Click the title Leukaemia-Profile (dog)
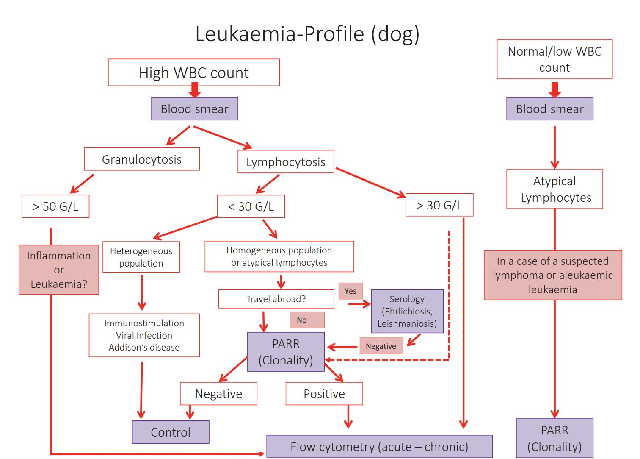coord(307,34)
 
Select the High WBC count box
coord(194,72)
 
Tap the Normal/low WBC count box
coord(554,59)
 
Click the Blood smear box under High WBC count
coord(195,109)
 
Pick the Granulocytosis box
coord(142,159)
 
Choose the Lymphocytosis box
coord(286,162)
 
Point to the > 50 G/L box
coord(55,206)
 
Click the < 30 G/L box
coord(251,206)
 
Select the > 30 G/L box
coord(439,205)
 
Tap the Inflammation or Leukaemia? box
coord(59,270)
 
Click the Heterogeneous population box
coord(141,257)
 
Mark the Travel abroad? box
coord(276,299)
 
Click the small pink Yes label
coord(350,291)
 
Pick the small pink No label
coord(307,320)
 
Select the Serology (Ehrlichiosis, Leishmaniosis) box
coord(407,311)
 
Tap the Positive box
coord(324,394)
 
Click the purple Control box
coord(171,432)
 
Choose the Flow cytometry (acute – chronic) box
coord(379,446)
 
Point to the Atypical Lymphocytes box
coord(554,189)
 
